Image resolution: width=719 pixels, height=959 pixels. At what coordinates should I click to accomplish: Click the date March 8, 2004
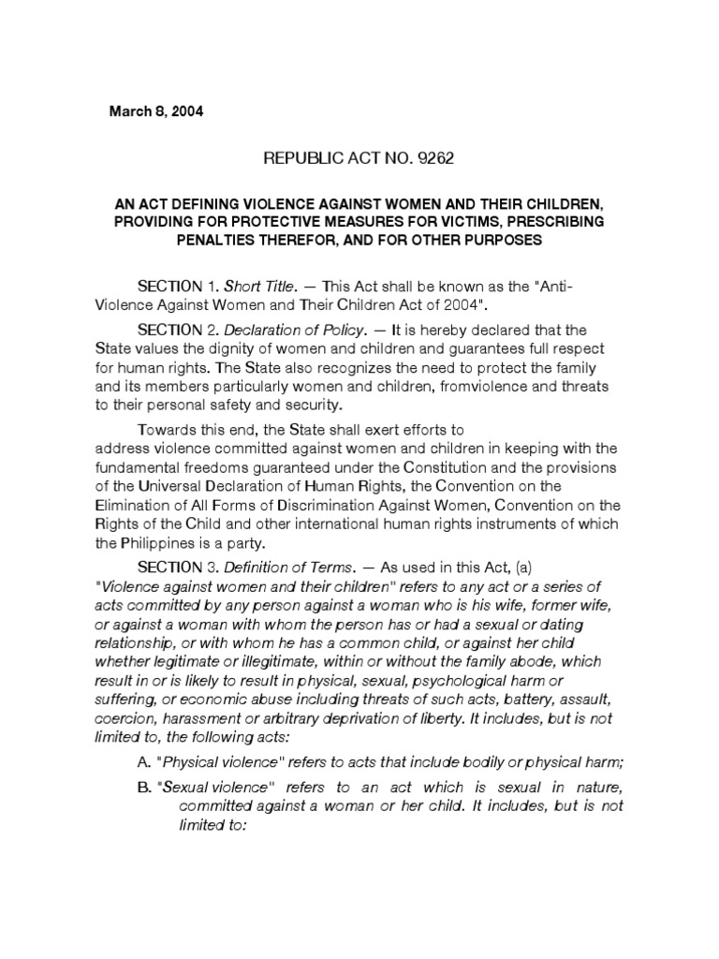click(x=156, y=111)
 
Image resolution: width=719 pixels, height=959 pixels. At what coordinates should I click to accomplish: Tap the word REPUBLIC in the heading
click(x=301, y=158)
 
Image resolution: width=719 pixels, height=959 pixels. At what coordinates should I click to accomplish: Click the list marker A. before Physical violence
click(x=145, y=760)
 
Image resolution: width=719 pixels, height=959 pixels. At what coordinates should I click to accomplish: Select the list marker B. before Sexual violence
click(x=145, y=787)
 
